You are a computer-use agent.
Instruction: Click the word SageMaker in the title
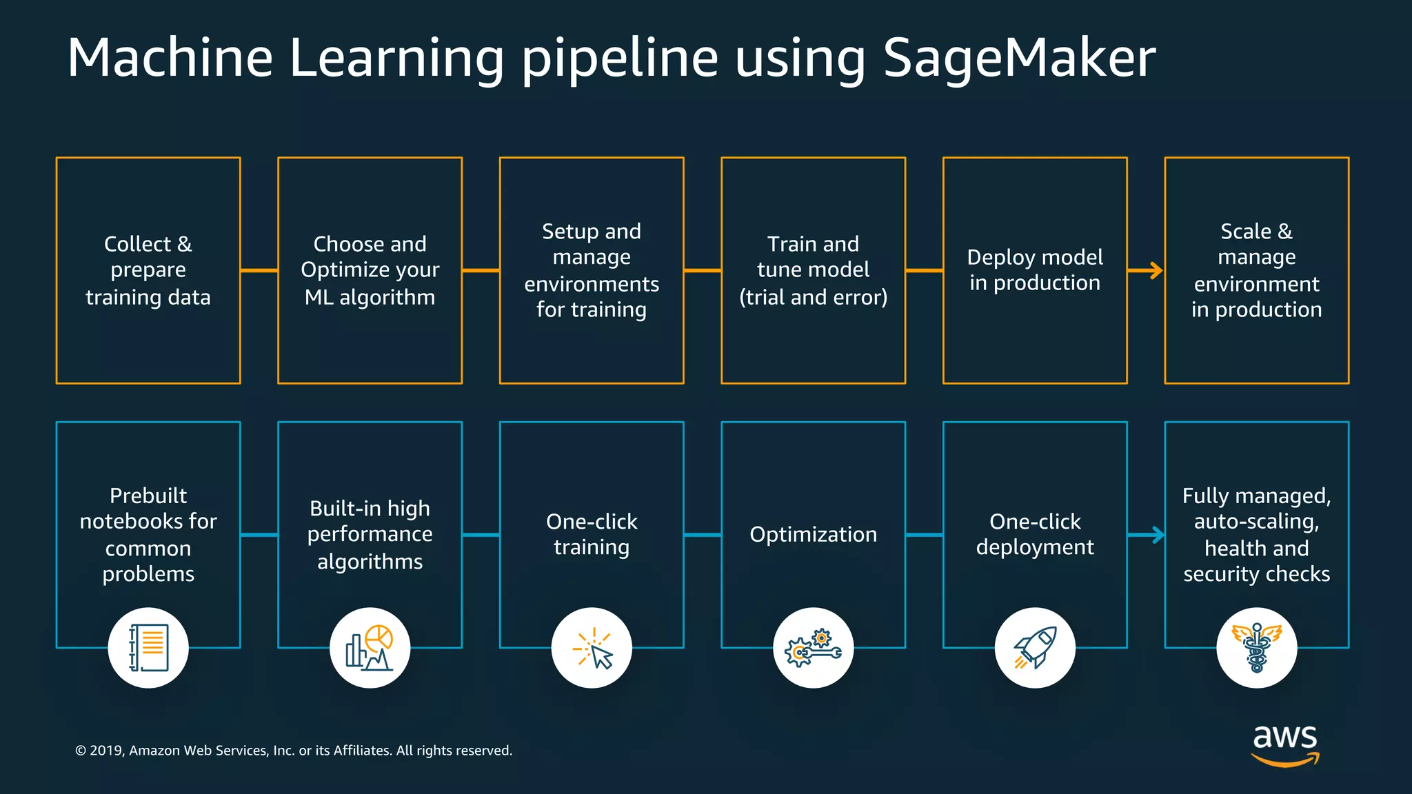pyautogui.click(x=1018, y=58)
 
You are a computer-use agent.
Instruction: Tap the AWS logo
pyautogui.click(x=1285, y=744)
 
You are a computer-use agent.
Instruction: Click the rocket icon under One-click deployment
pyautogui.click(x=1035, y=648)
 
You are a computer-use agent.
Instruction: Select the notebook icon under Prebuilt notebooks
pyautogui.click(x=148, y=648)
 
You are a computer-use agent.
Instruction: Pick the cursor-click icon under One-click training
pyautogui.click(x=592, y=648)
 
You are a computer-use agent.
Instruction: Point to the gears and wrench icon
pyautogui.click(x=814, y=648)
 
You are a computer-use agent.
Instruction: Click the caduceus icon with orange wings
pyautogui.click(x=1257, y=648)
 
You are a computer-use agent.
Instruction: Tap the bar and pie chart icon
pyautogui.click(x=370, y=648)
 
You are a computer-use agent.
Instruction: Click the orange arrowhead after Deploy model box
pyautogui.click(x=1155, y=271)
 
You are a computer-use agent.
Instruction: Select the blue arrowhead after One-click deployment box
pyautogui.click(x=1156, y=535)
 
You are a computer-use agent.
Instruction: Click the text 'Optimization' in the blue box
pyautogui.click(x=814, y=534)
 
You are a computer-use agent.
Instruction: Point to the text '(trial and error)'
pyautogui.click(x=814, y=297)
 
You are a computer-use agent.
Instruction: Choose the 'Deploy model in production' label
pyautogui.click(x=1035, y=269)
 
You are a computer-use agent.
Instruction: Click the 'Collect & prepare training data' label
pyautogui.click(x=148, y=270)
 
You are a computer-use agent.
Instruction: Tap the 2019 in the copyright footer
pyautogui.click(x=105, y=751)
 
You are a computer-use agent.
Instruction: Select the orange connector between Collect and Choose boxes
pyautogui.click(x=259, y=271)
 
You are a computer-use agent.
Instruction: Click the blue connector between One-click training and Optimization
pyautogui.click(x=703, y=535)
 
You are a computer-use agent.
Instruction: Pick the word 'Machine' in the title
pyautogui.click(x=170, y=58)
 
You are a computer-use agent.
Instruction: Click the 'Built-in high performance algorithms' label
pyautogui.click(x=370, y=535)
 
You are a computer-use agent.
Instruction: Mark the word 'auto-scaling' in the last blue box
pyautogui.click(x=1256, y=522)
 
